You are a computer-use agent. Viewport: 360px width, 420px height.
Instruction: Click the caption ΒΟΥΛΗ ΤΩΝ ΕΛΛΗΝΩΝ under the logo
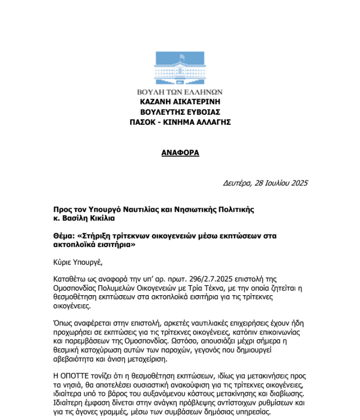pos(180,92)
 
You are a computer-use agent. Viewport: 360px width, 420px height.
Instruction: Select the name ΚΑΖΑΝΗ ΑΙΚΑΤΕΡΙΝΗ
pos(180,102)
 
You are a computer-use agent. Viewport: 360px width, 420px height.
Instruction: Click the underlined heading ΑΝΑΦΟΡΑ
pos(180,152)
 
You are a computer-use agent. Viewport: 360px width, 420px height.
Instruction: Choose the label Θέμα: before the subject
pos(66,236)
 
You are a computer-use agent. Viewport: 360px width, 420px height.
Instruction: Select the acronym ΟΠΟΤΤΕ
pos(77,377)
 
